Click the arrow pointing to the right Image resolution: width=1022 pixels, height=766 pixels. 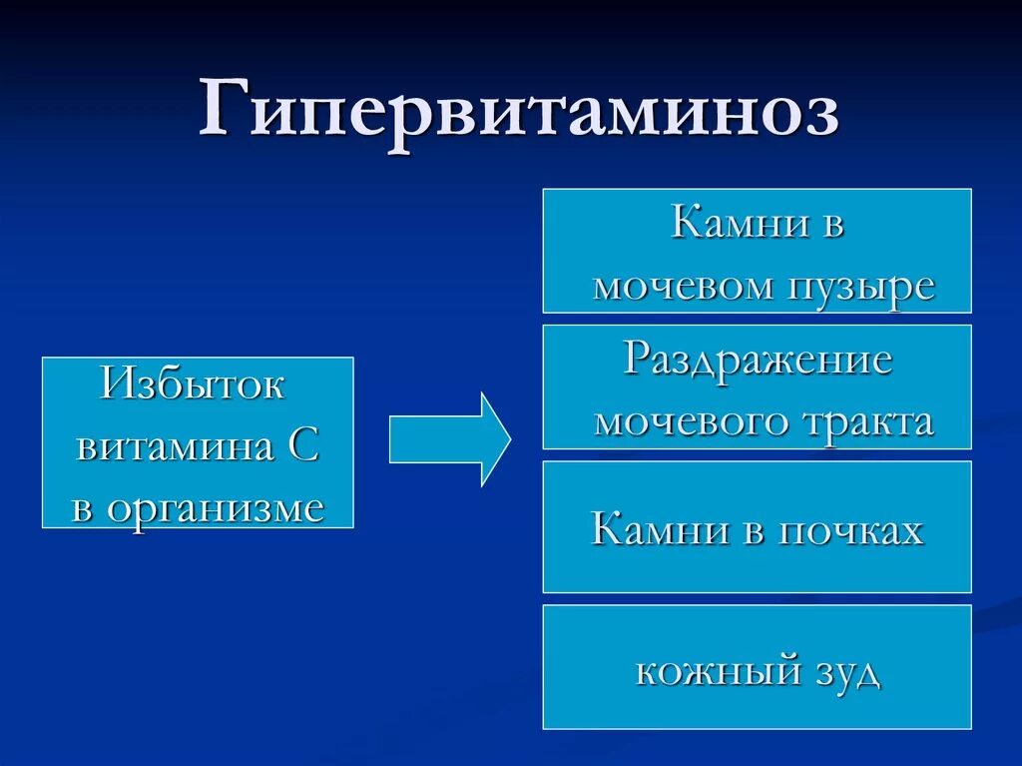point(449,438)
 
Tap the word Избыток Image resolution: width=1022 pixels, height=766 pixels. point(194,383)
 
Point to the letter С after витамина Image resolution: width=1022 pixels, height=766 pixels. point(303,446)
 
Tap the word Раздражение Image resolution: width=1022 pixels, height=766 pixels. point(758,359)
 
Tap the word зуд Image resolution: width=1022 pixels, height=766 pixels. point(847,671)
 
